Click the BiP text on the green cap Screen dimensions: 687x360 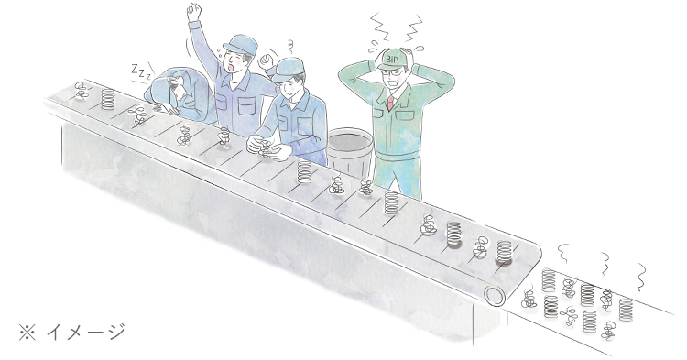click(390, 59)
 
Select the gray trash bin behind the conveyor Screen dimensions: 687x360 click(350, 150)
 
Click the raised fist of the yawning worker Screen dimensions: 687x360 click(193, 11)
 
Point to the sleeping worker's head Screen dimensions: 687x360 click(173, 88)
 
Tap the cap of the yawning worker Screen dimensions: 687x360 click(241, 44)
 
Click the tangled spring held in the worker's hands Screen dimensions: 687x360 click(265, 147)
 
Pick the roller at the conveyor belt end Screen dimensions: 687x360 click(495, 297)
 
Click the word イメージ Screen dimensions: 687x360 click(86, 332)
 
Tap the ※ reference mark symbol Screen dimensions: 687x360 click(27, 333)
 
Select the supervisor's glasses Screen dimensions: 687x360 click(395, 72)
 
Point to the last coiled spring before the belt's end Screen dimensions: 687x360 click(504, 252)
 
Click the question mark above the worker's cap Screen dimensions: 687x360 click(289, 43)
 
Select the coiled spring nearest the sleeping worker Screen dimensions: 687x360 click(108, 99)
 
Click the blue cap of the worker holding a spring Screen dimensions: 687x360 click(288, 69)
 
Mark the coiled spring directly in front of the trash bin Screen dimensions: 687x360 click(304, 171)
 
